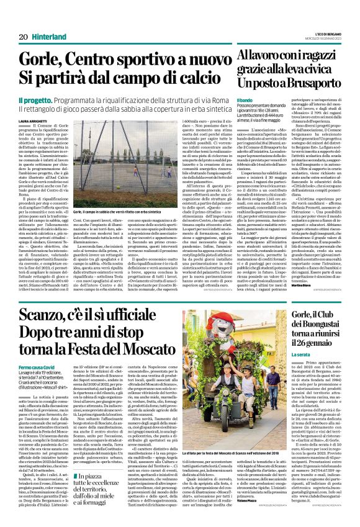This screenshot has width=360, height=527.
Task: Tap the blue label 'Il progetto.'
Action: tap(35, 99)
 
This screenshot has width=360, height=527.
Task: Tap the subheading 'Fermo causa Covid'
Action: tap(39, 368)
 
